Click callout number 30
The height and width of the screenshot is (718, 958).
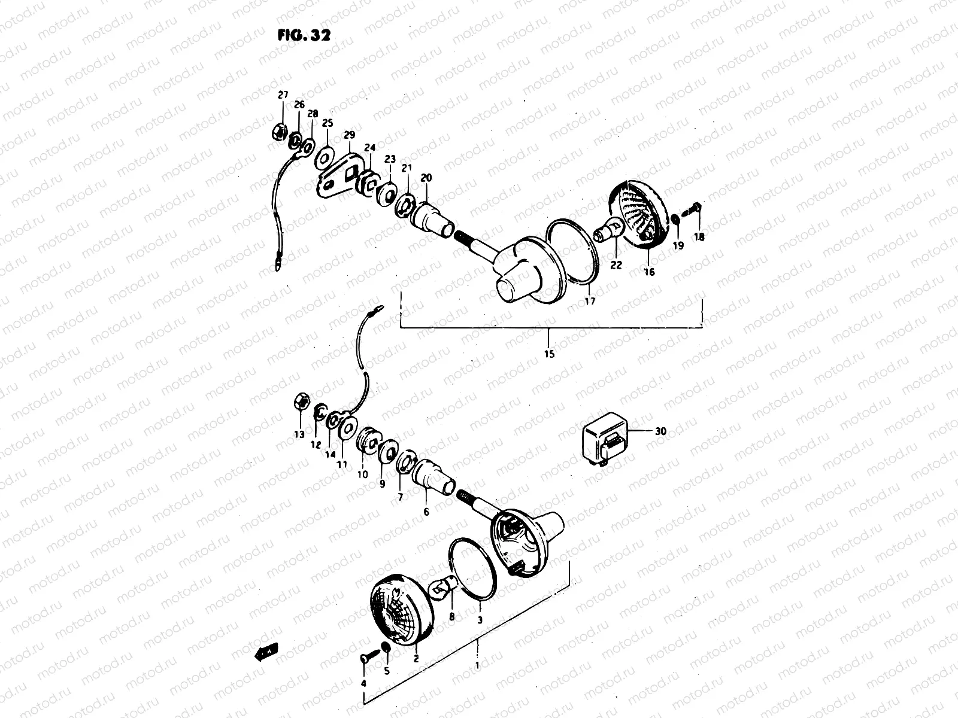660,431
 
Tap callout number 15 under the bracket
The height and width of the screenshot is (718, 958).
549,354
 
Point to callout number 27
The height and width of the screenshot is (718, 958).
283,95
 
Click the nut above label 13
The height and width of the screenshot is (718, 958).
301,403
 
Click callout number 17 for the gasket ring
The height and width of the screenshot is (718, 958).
590,301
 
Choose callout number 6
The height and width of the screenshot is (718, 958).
426,512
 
